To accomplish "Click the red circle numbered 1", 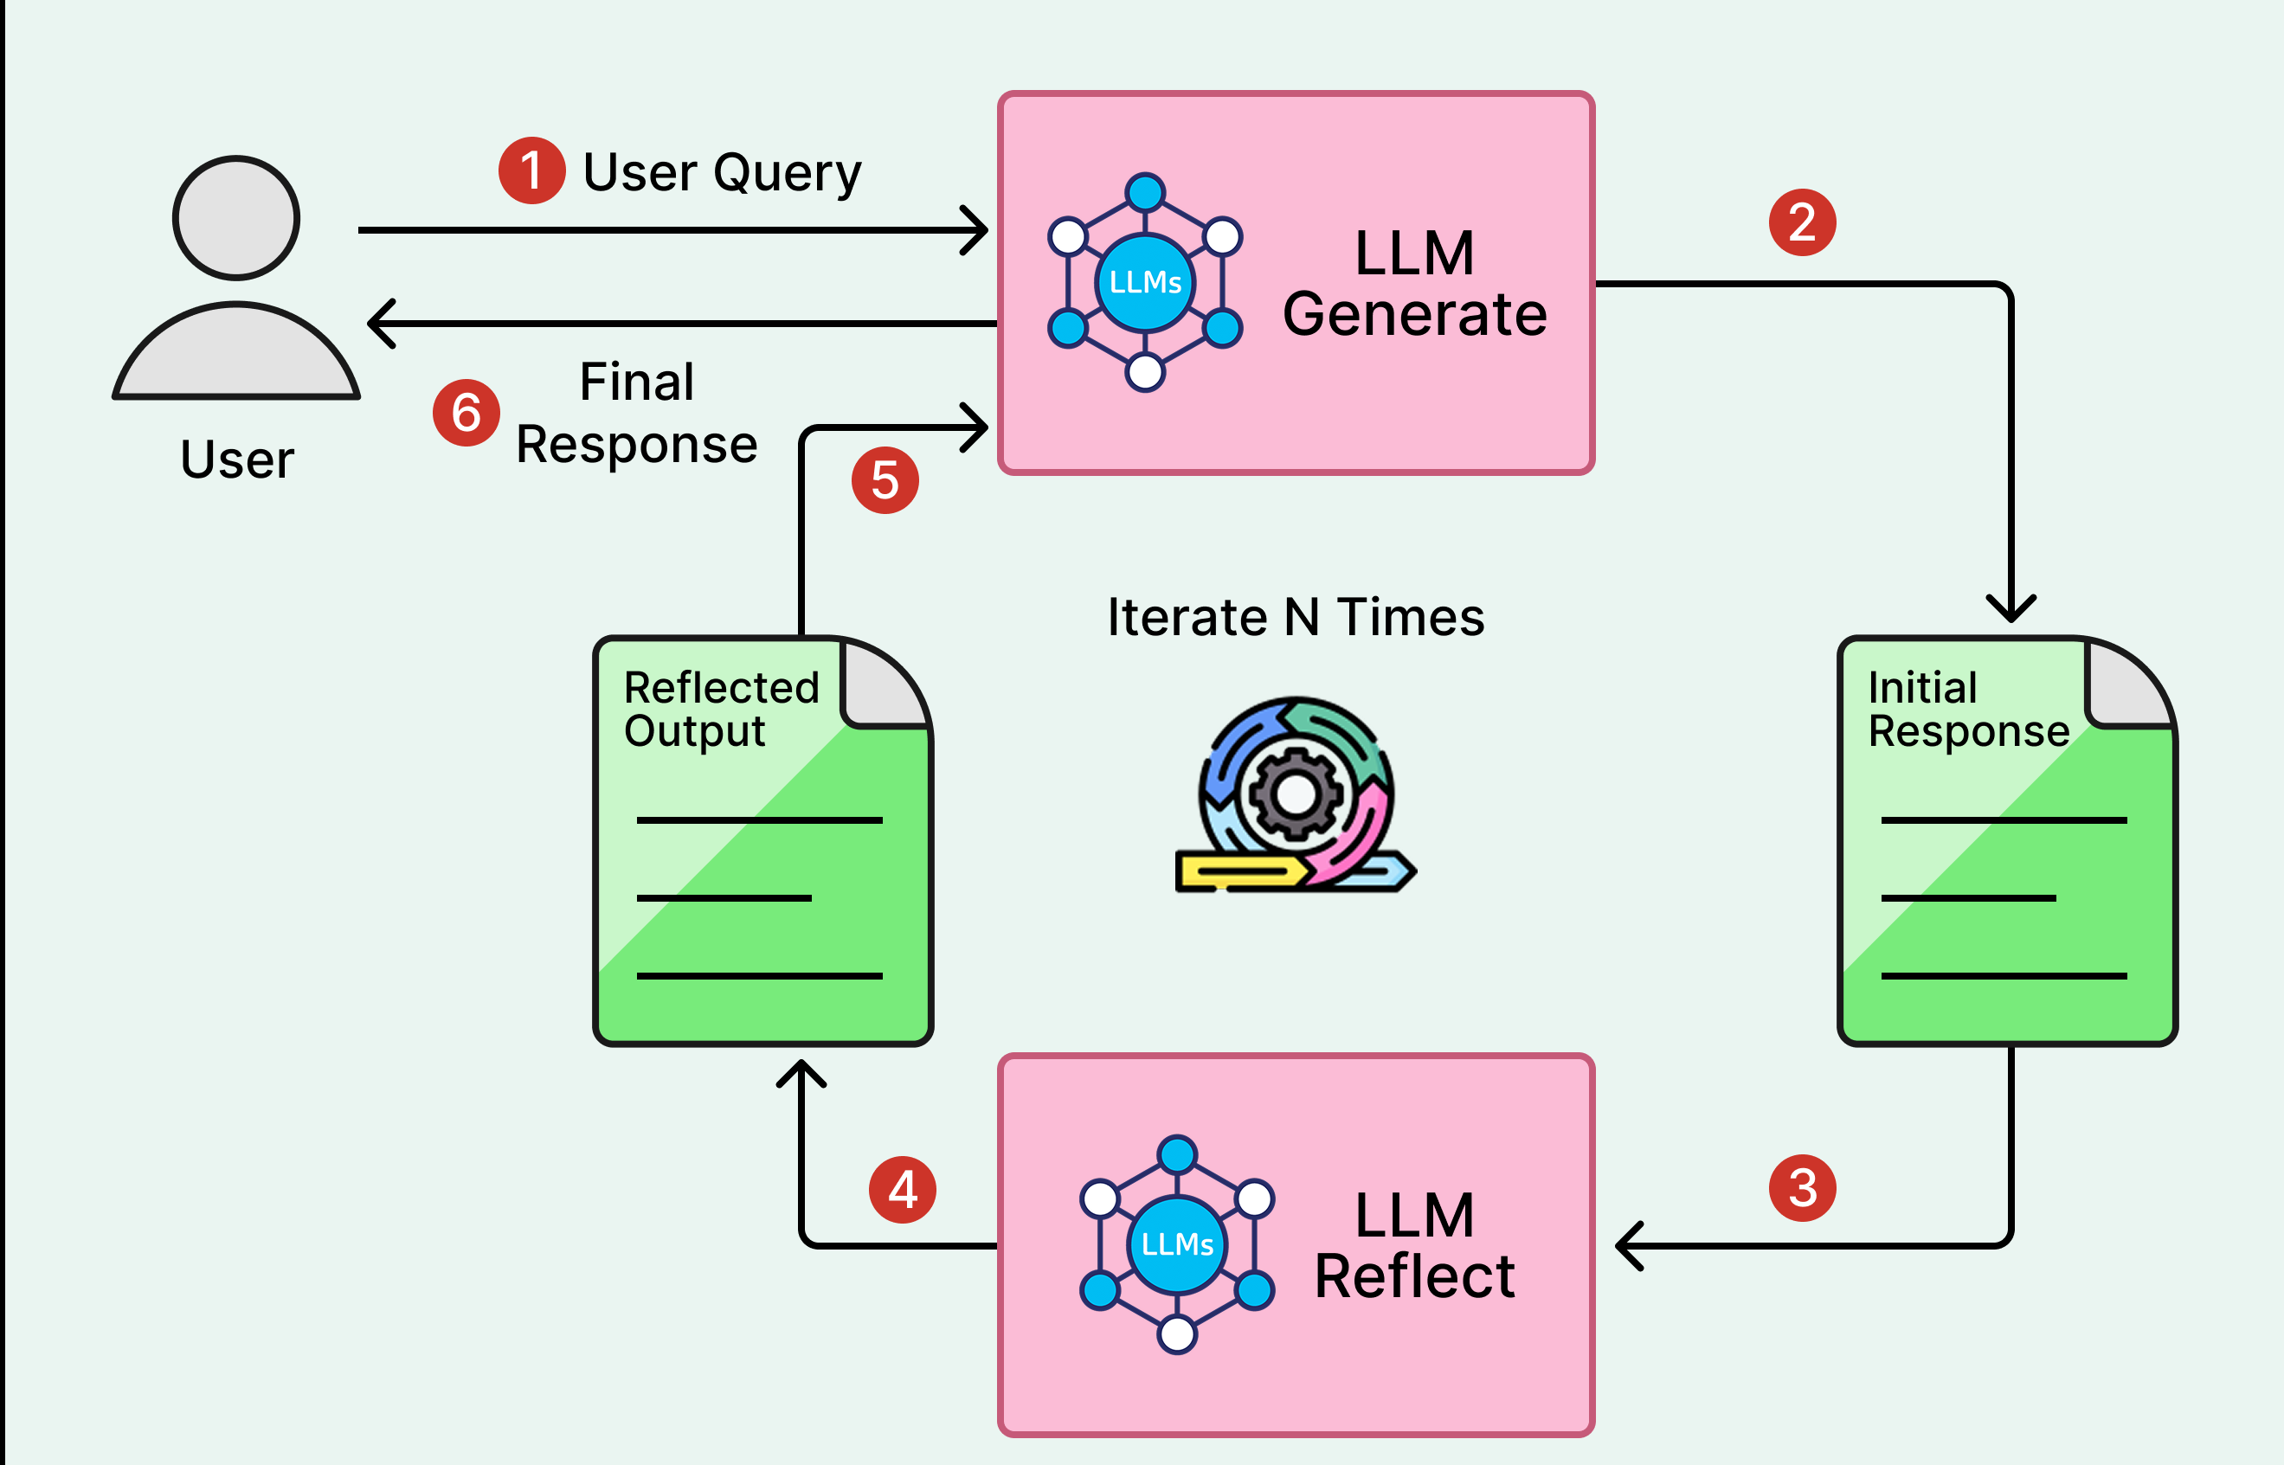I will [x=531, y=171].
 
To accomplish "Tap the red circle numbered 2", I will [x=1802, y=223].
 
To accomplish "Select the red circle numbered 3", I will [x=1802, y=1188].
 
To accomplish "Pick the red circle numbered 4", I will [x=902, y=1190].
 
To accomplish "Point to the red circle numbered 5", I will [x=885, y=480].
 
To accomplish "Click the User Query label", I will [x=722, y=173].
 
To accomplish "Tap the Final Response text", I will [x=636, y=413].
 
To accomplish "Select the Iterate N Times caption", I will [x=1296, y=617].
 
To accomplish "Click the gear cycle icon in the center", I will [x=1295, y=795].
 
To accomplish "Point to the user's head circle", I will [x=236, y=218].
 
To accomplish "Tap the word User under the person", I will [x=237, y=459].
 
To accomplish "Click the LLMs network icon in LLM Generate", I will [x=1145, y=283].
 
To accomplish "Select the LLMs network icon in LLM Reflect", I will [x=1177, y=1244].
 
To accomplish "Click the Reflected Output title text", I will [x=720, y=709].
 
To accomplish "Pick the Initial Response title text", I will [x=1967, y=709].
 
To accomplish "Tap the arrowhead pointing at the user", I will [x=381, y=324].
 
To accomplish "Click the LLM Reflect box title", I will [x=1414, y=1245].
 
